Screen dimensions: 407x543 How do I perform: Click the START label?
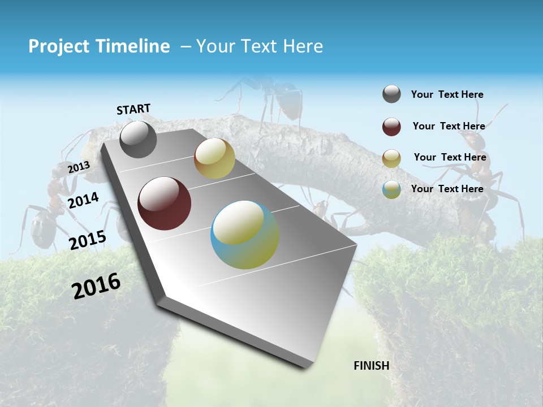tap(133, 109)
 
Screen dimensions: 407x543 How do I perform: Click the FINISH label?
tap(372, 366)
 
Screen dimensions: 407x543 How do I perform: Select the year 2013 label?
tap(79, 167)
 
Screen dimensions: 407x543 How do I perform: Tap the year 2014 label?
tap(83, 201)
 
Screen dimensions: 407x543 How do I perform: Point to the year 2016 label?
tap(96, 285)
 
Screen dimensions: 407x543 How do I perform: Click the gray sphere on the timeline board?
tap(138, 139)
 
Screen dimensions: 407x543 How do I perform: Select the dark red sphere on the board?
tap(164, 203)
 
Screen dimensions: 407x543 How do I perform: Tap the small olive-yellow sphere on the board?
tap(214, 159)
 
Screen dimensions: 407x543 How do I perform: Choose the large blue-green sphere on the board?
tap(245, 235)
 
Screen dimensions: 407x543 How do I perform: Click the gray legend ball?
tap(391, 94)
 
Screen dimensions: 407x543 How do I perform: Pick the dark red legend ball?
tap(391, 127)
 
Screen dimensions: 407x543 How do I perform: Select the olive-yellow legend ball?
tap(391, 158)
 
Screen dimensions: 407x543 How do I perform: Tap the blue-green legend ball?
tap(391, 189)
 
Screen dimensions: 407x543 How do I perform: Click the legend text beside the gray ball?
tap(447, 95)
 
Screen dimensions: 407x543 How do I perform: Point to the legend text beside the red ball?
tap(449, 127)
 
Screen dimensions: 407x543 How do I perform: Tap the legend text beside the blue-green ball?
tap(447, 189)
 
